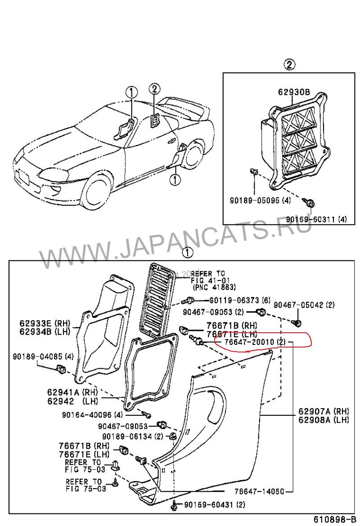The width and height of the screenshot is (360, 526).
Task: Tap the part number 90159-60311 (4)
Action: point(317,219)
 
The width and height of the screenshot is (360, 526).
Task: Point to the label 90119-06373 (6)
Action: point(240,300)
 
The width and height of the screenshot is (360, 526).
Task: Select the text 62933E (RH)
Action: point(42,323)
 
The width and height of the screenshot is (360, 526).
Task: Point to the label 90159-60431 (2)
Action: point(214,505)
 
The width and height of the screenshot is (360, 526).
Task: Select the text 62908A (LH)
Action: point(324,420)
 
